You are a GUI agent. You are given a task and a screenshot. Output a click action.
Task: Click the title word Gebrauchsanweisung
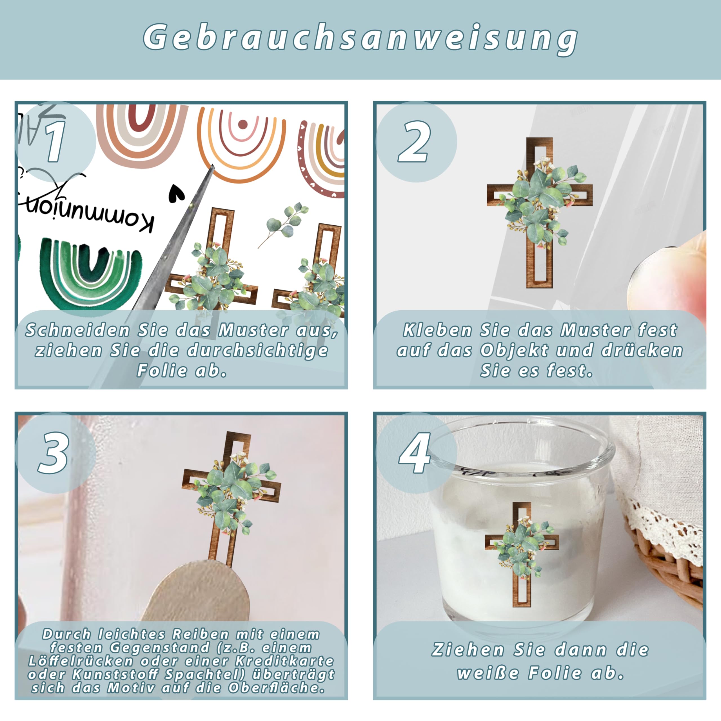[360, 38]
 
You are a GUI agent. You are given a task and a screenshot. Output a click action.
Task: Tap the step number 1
[55, 142]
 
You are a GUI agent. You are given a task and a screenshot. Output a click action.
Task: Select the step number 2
[414, 142]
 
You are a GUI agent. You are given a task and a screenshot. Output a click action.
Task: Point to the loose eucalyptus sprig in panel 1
[284, 224]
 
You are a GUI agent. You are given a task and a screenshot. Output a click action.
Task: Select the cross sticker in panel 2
[540, 213]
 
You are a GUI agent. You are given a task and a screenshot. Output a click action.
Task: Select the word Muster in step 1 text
[254, 330]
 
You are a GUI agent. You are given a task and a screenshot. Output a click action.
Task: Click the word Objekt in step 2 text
[515, 351]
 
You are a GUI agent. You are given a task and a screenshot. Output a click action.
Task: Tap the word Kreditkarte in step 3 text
[284, 661]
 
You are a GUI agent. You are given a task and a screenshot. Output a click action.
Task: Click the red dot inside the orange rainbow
[242, 124]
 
